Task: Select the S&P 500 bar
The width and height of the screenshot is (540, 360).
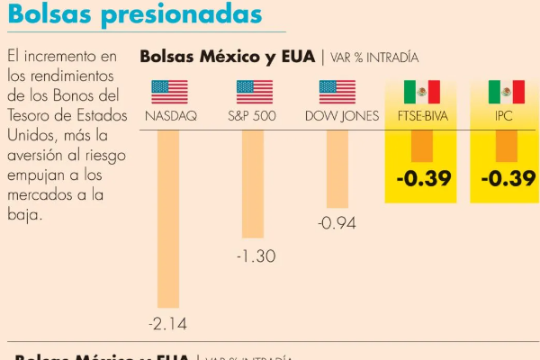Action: coord(254,184)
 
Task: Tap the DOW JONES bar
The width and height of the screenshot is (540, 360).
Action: coord(337,169)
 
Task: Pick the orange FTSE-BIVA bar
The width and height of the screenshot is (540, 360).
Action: coord(421,146)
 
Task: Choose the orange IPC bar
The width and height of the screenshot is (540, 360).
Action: coord(506,146)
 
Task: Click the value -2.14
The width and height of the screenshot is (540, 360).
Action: coord(168,322)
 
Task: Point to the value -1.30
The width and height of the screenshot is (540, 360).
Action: coord(255,256)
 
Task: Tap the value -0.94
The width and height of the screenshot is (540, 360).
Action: coord(337,223)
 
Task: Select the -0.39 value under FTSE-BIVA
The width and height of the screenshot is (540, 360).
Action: coord(423,178)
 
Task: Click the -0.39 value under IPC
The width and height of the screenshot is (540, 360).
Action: coord(508,178)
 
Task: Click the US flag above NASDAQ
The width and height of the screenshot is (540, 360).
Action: coord(169,92)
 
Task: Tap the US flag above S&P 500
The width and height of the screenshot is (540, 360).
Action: coord(254,92)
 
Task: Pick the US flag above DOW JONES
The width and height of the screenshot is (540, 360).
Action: coord(337,92)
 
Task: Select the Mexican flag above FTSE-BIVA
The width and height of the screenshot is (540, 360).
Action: coord(421,92)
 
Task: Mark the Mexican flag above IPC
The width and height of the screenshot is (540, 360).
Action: coord(506,92)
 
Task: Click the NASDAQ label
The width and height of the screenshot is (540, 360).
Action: coord(170,116)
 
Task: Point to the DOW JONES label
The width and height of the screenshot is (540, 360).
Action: coord(341,116)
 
